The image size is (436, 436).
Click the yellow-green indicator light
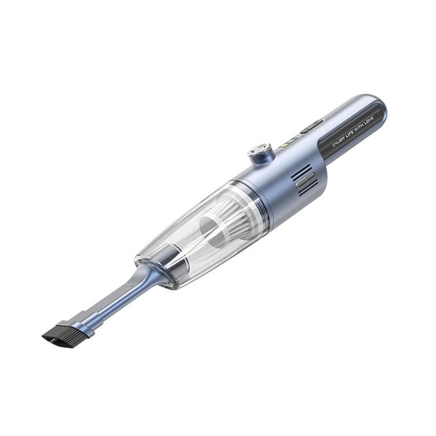284,145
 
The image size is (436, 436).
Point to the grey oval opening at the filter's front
213,230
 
